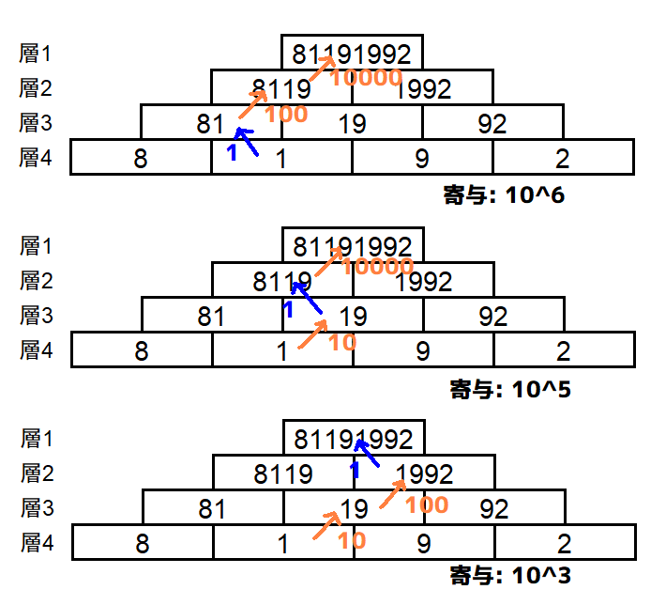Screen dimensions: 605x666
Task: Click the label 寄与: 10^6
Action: coord(504,196)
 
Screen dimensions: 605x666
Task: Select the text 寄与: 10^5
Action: coord(510,388)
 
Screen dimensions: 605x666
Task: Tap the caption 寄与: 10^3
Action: coord(509,575)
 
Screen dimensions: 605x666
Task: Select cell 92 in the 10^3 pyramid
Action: coord(494,508)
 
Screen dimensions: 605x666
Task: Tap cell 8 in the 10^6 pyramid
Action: coord(141,158)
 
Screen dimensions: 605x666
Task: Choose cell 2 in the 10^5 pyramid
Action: coord(564,350)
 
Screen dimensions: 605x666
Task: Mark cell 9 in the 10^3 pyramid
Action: coord(424,542)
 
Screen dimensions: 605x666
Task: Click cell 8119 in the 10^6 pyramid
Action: coord(281,88)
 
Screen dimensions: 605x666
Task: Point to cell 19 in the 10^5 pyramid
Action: coord(353,315)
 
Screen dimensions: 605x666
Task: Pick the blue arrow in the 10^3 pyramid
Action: coord(366,454)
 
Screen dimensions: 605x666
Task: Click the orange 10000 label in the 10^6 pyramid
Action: coord(367,78)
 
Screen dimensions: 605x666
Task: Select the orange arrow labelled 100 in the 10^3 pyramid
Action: coord(393,493)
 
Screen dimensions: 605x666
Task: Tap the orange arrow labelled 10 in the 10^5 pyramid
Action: coord(312,334)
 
